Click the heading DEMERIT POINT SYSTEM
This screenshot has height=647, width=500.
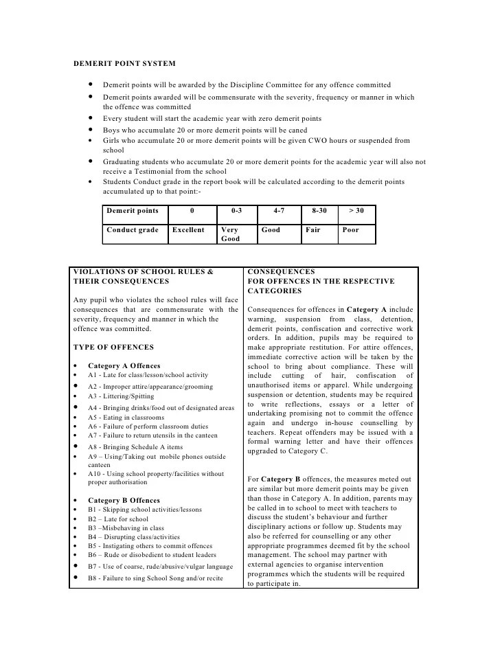click(124, 64)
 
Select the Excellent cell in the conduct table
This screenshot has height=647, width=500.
click(188, 230)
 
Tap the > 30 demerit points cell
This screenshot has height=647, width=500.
click(356, 211)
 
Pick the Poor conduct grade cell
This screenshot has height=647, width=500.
click(350, 230)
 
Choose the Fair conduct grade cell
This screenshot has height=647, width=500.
click(312, 230)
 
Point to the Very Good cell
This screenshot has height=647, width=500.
click(230, 234)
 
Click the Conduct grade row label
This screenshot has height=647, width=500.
click(133, 230)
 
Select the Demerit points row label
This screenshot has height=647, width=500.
click(133, 211)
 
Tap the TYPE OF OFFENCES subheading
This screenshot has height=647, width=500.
click(113, 348)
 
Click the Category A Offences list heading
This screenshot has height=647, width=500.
click(124, 366)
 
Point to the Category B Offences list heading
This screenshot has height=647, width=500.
click(124, 501)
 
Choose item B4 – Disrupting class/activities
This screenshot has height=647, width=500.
click(134, 537)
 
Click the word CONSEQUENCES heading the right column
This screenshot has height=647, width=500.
click(281, 272)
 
